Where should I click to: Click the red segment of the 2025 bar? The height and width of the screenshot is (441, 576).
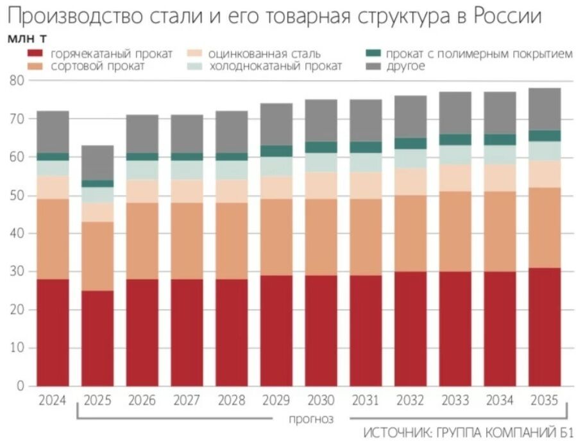[97, 338]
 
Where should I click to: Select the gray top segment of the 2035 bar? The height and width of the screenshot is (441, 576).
[544, 109]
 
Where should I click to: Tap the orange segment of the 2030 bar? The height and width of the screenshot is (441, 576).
[321, 237]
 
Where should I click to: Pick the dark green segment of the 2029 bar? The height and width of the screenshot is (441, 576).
[276, 151]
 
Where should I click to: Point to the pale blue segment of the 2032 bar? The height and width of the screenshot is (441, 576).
[411, 159]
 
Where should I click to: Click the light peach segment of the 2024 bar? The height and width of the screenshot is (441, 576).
[53, 187]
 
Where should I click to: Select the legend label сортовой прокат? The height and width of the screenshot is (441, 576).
[97, 66]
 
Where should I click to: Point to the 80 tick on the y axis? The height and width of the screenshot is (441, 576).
[17, 81]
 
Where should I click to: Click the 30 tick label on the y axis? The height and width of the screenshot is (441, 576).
[17, 272]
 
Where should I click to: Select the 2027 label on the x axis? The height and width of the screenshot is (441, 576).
[187, 401]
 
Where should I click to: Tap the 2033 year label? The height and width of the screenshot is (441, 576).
[455, 401]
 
